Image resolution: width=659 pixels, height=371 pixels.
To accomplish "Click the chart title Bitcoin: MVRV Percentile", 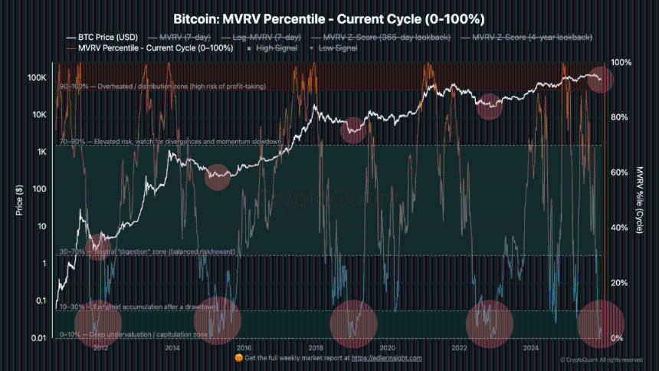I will [x=329, y=17].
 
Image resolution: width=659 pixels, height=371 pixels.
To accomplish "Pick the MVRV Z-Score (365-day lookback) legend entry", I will [x=382, y=37].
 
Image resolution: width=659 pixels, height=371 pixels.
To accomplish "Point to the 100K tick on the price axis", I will [x=38, y=78].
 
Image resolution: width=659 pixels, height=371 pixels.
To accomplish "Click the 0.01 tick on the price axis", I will [x=38, y=338].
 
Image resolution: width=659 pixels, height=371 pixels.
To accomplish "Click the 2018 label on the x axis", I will [x=315, y=347].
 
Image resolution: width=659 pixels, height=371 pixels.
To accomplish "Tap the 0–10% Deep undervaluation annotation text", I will [x=134, y=335].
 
